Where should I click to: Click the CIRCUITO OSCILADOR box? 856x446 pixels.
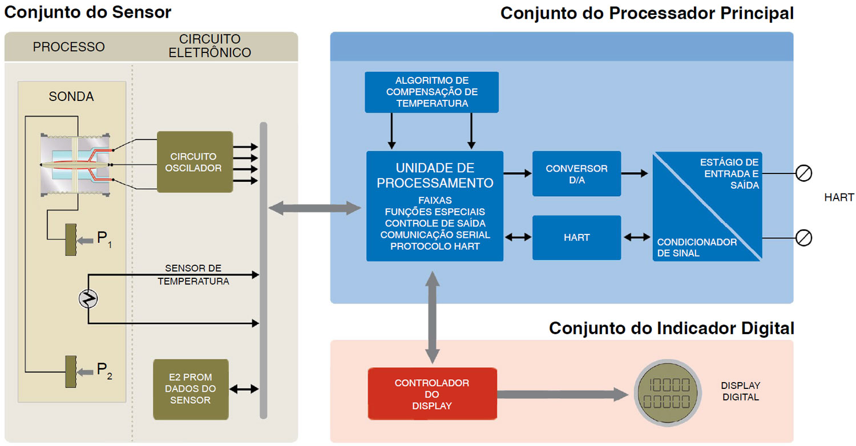click(x=195, y=162)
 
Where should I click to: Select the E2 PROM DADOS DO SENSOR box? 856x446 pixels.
click(x=191, y=389)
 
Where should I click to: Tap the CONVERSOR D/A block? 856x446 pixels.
click(x=576, y=174)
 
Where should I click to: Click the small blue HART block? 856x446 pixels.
click(x=576, y=237)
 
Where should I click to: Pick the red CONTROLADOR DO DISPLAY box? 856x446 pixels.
click(x=432, y=394)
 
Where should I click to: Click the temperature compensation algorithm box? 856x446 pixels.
click(x=431, y=92)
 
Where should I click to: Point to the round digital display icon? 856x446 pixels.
click(x=667, y=393)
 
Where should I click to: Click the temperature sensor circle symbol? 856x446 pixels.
click(x=88, y=299)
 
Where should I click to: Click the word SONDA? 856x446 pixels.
click(x=71, y=96)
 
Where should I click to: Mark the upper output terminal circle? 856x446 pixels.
click(x=803, y=173)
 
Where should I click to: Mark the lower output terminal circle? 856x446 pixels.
click(x=803, y=238)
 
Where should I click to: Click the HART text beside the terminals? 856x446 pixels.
click(x=839, y=197)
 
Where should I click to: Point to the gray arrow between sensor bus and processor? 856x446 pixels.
click(x=314, y=208)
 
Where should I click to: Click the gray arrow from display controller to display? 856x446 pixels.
click(x=563, y=395)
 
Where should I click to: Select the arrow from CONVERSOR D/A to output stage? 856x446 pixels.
click(x=635, y=173)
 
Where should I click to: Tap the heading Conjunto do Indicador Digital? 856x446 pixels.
click(x=672, y=328)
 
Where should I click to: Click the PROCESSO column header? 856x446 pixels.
click(x=69, y=47)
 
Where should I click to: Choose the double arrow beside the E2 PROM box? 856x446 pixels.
click(x=244, y=389)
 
